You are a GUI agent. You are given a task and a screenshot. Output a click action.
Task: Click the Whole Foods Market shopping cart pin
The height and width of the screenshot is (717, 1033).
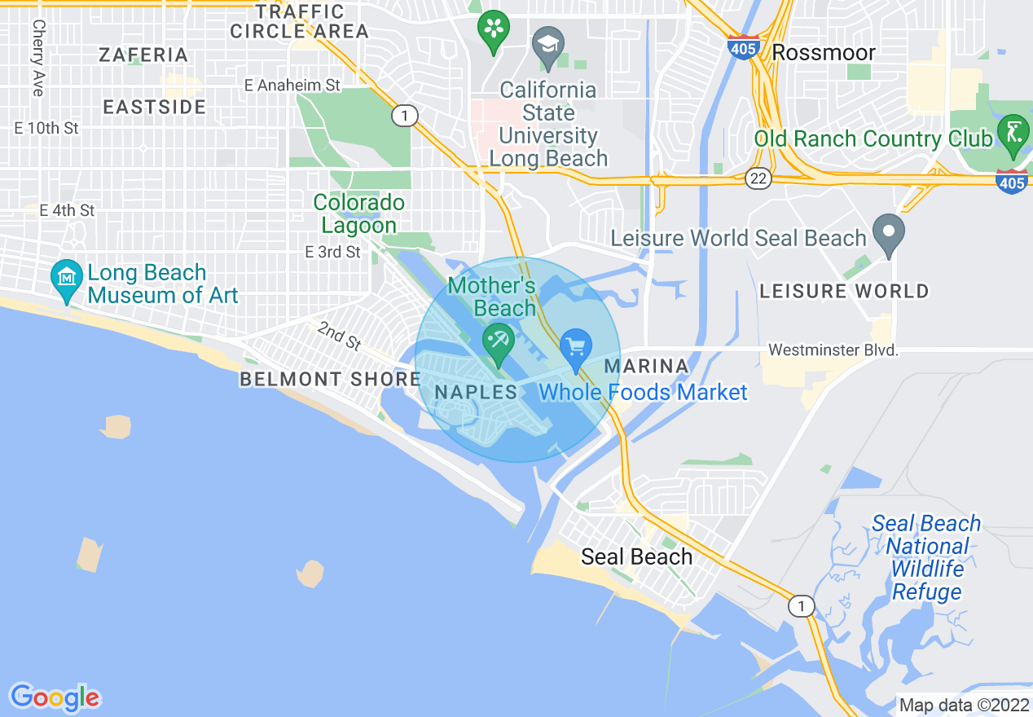pos(576,348)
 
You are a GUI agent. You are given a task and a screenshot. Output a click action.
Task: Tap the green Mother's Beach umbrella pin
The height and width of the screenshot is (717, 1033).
pos(497,341)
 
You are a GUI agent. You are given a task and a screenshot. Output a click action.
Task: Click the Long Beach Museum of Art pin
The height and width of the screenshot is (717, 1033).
pos(67,278)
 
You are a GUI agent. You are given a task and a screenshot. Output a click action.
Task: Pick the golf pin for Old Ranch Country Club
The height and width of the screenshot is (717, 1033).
pos(1013,133)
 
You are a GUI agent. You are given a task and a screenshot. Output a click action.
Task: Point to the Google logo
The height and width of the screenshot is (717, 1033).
pos(55,697)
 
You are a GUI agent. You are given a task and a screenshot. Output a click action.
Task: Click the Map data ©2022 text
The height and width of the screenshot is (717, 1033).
pos(964,704)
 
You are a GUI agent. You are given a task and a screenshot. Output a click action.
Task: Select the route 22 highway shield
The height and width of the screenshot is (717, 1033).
pos(758,179)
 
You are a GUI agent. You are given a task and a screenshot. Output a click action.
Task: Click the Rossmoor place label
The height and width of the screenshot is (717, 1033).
pos(823,53)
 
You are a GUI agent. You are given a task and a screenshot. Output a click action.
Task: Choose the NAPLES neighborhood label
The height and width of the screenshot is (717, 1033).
pos(476,392)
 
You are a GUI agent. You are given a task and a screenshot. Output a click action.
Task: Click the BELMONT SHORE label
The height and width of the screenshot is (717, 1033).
pos(330,379)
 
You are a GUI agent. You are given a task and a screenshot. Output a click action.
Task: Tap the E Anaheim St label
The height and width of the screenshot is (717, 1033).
pos(292,85)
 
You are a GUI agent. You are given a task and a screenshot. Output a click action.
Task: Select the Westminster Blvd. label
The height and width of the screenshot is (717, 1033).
pos(833,350)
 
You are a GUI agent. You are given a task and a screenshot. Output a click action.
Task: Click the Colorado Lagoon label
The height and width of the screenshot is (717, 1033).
pos(358,213)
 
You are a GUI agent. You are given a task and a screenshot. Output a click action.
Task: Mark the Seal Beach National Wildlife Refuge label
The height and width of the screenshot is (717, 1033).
pos(926,557)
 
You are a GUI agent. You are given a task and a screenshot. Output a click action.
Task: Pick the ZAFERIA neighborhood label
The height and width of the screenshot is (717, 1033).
pos(143,55)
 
